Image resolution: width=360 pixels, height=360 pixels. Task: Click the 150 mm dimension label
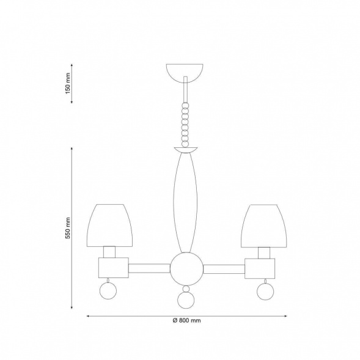68,83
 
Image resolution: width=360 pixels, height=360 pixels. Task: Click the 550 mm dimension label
68,228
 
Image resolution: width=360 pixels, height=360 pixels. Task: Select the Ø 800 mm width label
186,320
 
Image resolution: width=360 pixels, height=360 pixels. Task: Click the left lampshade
110,226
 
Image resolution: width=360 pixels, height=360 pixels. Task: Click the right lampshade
264,226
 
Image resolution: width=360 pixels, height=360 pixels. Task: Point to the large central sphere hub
186,269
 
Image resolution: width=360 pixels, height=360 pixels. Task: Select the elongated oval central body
185,202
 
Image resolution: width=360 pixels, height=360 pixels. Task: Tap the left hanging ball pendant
108,291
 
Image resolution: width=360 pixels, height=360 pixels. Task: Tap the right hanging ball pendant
265,292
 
